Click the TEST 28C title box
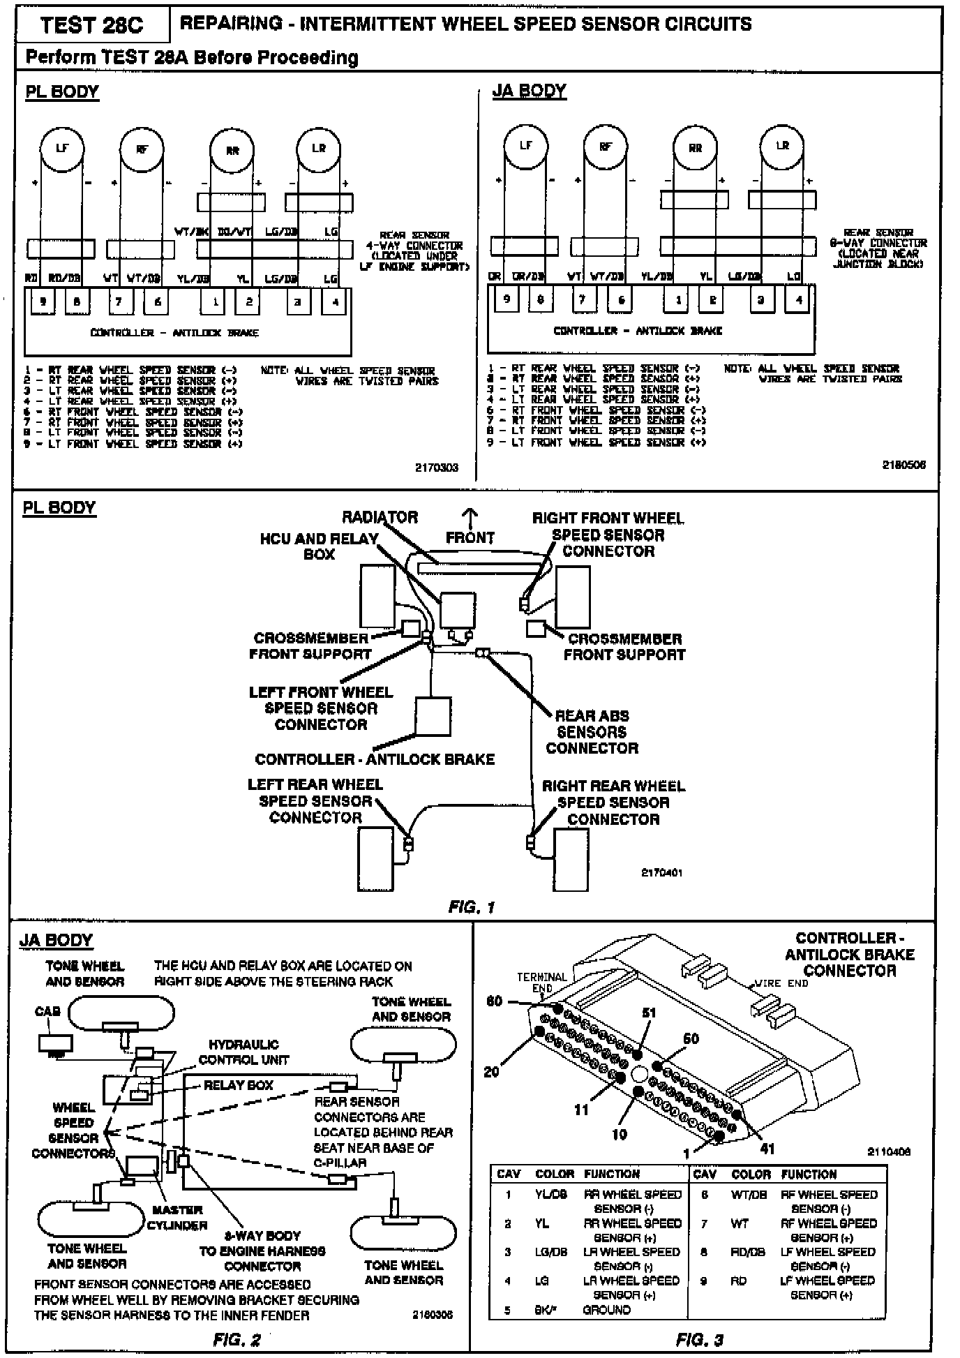click(91, 26)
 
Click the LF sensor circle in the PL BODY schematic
click(62, 148)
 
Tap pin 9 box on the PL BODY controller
click(43, 302)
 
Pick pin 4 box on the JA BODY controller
click(799, 300)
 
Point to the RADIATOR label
click(380, 518)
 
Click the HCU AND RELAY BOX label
click(319, 546)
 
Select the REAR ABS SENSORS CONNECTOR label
click(592, 732)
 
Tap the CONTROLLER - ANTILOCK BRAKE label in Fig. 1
click(375, 759)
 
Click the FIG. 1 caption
click(472, 907)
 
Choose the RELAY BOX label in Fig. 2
click(238, 1085)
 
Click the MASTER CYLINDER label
click(177, 1218)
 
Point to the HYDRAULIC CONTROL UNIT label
click(243, 1052)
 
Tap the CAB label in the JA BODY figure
click(47, 1011)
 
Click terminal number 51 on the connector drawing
click(648, 1013)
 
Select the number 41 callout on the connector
click(767, 1148)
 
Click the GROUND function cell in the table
click(606, 1310)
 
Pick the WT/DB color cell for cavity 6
click(747, 1195)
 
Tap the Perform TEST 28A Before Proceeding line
click(192, 58)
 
